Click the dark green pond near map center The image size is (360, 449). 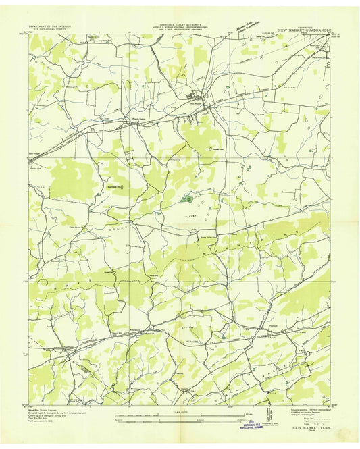[188, 199]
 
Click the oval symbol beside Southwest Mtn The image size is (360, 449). [123, 187]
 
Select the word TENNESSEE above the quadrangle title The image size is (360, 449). [292, 26]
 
